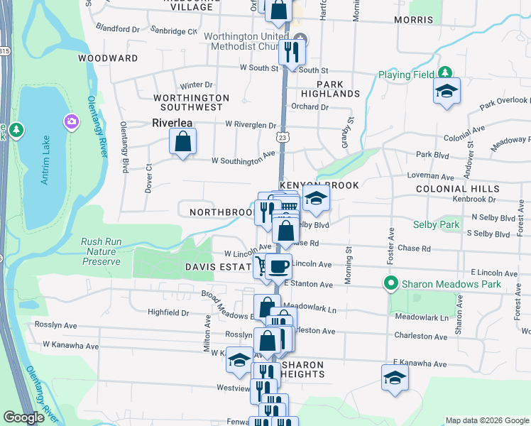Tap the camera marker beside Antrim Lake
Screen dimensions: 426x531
[x=71, y=121]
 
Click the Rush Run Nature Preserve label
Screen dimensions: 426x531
[x=101, y=251]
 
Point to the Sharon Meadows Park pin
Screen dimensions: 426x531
[x=390, y=283]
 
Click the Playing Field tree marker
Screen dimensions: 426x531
[x=445, y=73]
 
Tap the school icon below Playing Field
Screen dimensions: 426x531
[x=447, y=92]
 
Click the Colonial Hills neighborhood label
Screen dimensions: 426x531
[x=458, y=189]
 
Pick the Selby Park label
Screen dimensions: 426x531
[x=436, y=224]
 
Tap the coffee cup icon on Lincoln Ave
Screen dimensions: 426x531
[x=279, y=267]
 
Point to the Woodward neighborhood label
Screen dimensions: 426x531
[x=108, y=58]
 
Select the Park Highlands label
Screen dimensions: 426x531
[x=330, y=88]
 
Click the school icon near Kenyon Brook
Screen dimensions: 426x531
[x=316, y=199]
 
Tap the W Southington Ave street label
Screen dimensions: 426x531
[x=243, y=158]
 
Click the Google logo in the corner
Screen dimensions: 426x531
[x=23, y=417]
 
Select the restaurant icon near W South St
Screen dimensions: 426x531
[x=290, y=52]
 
